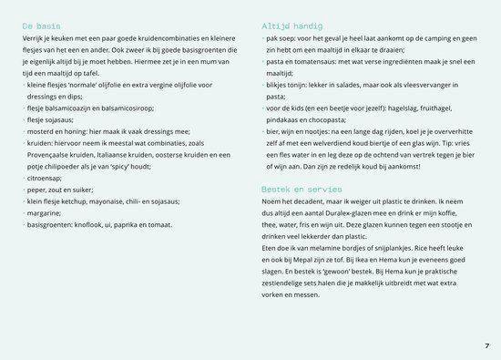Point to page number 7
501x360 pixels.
(487, 345)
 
